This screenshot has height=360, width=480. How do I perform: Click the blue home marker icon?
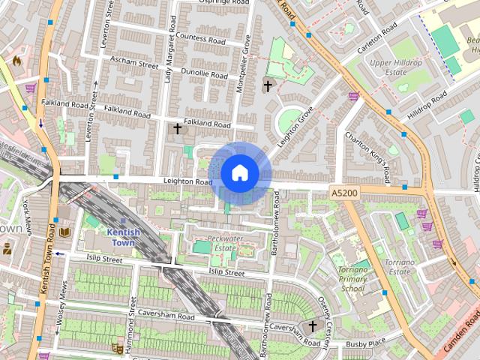point(239,173)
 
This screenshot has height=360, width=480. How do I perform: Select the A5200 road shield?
point(343,193)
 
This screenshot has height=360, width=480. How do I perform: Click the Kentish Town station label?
point(124,237)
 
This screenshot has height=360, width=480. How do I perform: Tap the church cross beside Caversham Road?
point(311,326)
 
